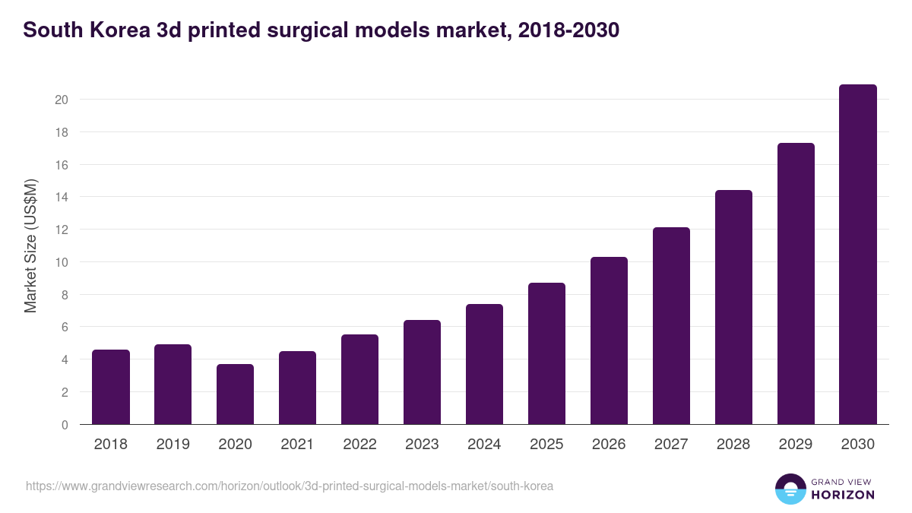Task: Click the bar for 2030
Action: pos(857,255)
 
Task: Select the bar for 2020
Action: pos(235,394)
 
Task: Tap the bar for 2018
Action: pos(111,387)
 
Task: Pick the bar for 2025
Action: pos(546,353)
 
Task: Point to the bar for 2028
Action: pos(733,307)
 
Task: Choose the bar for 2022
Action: pos(359,379)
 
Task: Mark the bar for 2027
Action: pos(671,326)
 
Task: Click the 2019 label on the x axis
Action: pos(173,445)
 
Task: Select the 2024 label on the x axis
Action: pos(484,445)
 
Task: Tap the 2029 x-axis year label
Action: pos(796,445)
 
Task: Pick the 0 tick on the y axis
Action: pos(65,425)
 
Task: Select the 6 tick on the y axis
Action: pos(65,327)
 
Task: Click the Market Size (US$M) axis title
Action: pos(30,245)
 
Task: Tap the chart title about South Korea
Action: pos(321,30)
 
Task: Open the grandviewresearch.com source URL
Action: pos(290,486)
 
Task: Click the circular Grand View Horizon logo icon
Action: pos(790,489)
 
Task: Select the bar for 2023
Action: pos(422,372)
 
